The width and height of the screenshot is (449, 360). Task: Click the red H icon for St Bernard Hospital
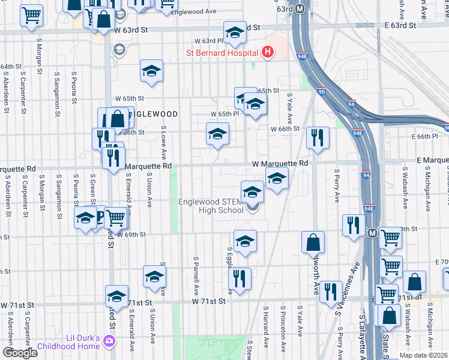[267, 52]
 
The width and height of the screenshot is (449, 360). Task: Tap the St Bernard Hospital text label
[221, 53]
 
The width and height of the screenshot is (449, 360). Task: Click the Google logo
[20, 353]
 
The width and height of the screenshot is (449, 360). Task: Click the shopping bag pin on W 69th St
[313, 242]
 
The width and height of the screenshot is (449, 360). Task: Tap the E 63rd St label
[400, 26]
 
